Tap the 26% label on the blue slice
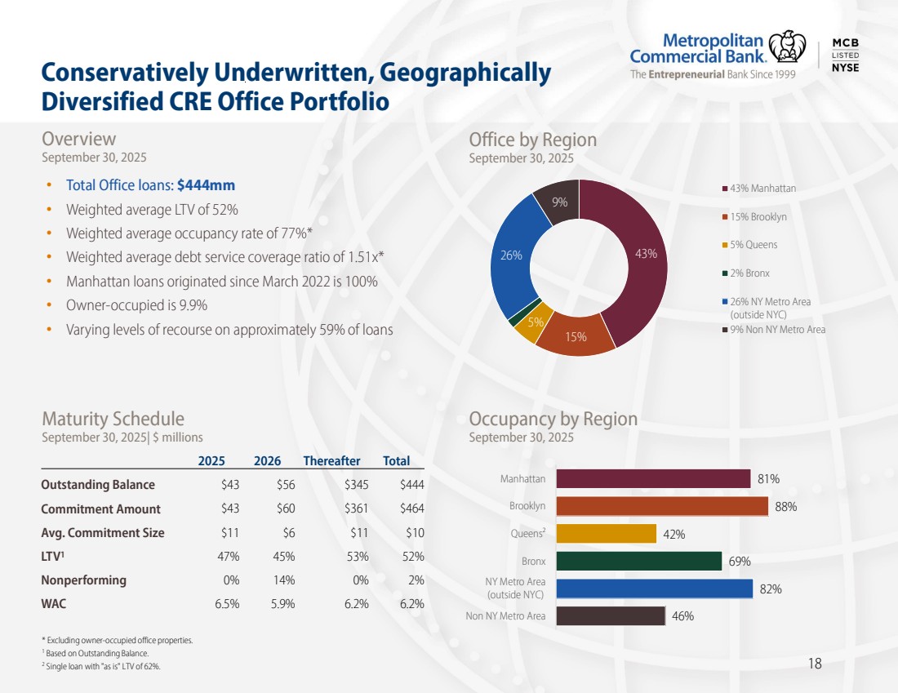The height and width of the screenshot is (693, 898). point(511,255)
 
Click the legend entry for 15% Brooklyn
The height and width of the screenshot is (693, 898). point(758,217)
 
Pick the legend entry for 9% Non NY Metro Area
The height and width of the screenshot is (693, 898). point(776,330)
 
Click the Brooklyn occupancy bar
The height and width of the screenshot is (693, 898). point(661,506)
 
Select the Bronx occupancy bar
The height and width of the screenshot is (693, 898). point(638,561)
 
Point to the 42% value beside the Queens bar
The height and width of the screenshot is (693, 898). point(673,535)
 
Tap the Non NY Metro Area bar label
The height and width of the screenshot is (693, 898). point(505,616)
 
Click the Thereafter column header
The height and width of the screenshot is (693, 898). point(337,461)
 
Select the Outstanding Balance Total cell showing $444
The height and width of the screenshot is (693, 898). point(411,485)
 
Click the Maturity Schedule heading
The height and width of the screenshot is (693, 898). point(113,419)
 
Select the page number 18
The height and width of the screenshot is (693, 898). point(814,664)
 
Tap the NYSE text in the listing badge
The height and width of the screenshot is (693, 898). point(845,67)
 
